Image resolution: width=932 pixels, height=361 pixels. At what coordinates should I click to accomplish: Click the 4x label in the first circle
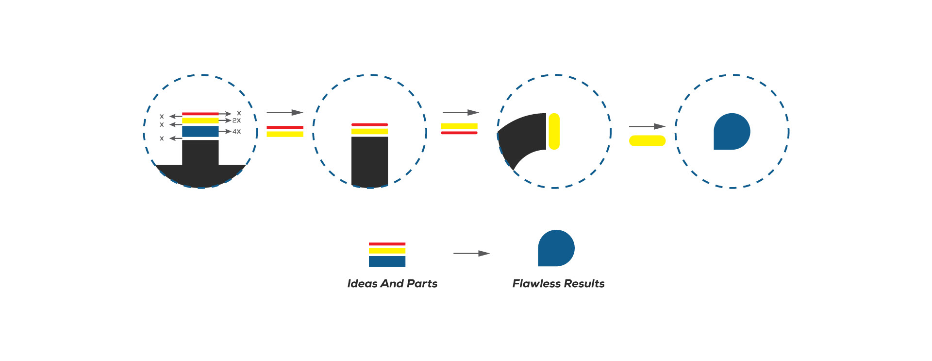coord(236,132)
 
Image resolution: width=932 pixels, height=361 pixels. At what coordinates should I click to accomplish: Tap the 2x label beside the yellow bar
coord(236,120)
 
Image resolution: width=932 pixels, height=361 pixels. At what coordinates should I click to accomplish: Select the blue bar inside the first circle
coord(200,131)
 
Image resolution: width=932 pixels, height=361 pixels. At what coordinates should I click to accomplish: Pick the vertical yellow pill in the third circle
coord(554,131)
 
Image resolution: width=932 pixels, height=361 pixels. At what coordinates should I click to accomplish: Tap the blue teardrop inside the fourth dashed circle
coord(731,132)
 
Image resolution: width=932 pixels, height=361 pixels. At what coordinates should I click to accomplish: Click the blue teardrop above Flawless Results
coord(556,248)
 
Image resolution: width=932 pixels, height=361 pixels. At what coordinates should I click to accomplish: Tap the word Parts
coord(422,284)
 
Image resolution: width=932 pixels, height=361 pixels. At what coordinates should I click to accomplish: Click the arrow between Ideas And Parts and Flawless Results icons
coord(471,253)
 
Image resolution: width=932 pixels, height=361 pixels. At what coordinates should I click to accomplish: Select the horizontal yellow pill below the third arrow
coord(647,141)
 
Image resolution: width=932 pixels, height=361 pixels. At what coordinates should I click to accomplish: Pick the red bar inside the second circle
coord(369,125)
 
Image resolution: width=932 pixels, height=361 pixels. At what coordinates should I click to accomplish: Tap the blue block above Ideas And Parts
coord(387,261)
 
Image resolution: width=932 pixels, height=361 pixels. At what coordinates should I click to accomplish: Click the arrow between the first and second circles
coord(284,112)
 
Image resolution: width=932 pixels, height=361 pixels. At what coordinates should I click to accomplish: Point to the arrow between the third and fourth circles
coord(647,126)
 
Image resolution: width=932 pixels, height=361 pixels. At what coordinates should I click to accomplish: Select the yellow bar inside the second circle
coord(369,131)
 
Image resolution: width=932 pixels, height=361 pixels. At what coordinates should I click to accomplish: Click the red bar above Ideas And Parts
coord(387,244)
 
